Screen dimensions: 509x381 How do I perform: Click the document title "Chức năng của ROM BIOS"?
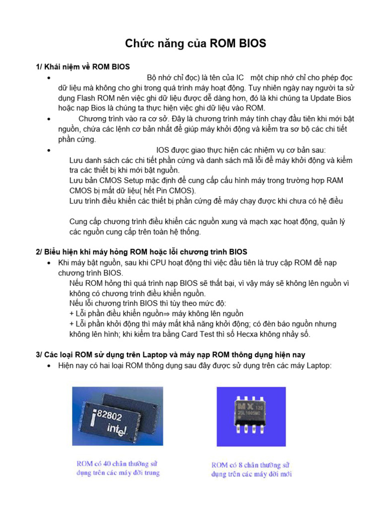coord(195,44)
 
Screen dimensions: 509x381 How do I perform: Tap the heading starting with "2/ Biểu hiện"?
coord(141,252)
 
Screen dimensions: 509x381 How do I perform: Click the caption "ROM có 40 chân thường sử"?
coord(118,464)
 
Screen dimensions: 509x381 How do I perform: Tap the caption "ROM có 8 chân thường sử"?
coord(251,465)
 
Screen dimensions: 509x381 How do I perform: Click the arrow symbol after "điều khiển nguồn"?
coord(167,314)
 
